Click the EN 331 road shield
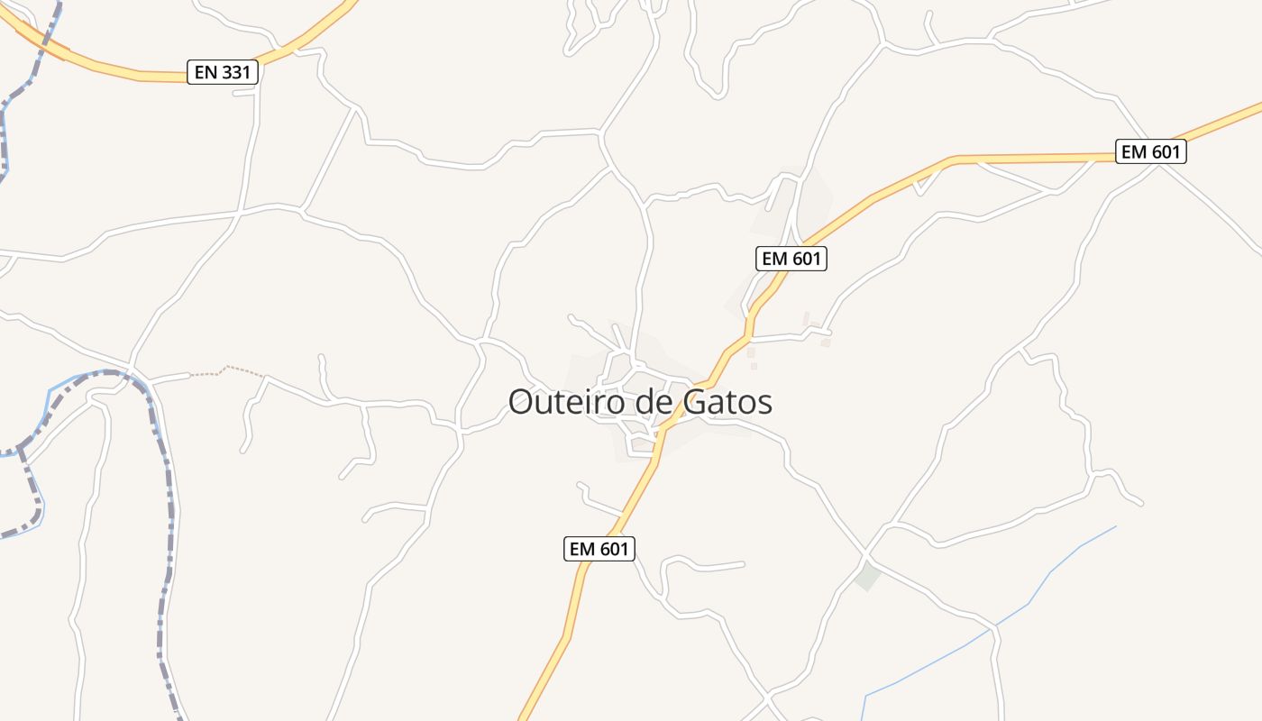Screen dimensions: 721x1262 pos(223,72)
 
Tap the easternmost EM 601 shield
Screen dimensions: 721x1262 pos(1150,151)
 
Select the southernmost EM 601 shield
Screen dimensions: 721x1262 pos(599,548)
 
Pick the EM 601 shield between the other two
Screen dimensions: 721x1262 pos(791,259)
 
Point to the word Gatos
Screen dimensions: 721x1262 pos(727,402)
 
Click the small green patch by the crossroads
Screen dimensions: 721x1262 pos(867,576)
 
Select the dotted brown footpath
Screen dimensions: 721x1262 pos(225,369)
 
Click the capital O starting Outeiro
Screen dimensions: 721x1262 pos(520,402)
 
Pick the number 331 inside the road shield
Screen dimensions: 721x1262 pos(236,72)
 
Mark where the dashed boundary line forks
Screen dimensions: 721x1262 pos(20,448)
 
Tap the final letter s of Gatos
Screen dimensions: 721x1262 pos(765,404)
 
